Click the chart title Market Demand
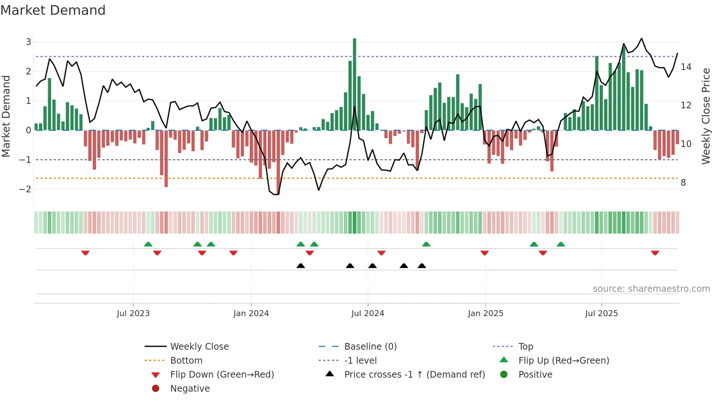[53, 10]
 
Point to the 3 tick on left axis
[28, 42]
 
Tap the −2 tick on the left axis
[25, 189]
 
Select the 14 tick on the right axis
[686, 67]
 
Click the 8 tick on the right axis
[683, 183]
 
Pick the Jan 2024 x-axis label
[251, 314]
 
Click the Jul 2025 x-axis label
[601, 314]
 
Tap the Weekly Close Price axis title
[706, 116]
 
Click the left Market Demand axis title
[6, 116]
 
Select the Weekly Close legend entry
[199, 347]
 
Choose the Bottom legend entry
[186, 361]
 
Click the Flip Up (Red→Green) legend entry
[564, 361]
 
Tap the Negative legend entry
[190, 389]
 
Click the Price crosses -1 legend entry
[414, 375]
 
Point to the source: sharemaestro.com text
[651, 289]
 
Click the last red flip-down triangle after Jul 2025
[655, 253]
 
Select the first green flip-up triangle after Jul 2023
[148, 244]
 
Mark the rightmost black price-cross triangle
[422, 266]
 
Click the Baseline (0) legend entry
[370, 347]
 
